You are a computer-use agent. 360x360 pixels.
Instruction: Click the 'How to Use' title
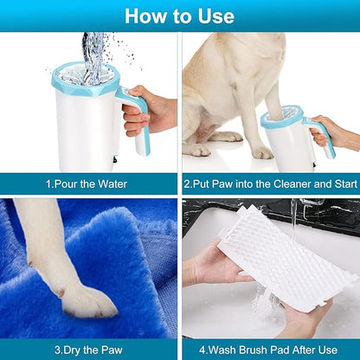[179, 16]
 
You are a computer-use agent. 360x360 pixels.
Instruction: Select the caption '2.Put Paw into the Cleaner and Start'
[270, 183]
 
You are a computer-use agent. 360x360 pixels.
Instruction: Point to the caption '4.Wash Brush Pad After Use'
[270, 350]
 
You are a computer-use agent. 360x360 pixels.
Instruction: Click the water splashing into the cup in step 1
[96, 48]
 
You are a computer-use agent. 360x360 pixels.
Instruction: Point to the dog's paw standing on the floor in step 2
[260, 152]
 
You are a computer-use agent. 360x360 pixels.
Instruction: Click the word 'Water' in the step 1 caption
[118, 183]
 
